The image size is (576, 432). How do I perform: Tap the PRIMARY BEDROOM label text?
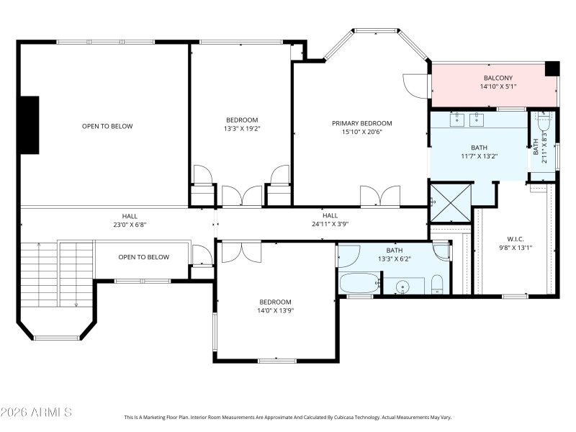pos(361,123)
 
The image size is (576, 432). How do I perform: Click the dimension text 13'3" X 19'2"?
pos(242,130)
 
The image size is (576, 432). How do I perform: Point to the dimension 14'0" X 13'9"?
pos(276,311)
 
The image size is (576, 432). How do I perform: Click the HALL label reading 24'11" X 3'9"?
pos(330,225)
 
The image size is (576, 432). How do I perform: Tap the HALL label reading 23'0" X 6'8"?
pos(130,225)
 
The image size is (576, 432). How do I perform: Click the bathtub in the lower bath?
pos(358,284)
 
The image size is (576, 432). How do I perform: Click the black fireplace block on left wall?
pos(29,125)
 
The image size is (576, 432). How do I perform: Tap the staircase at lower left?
pos(58,274)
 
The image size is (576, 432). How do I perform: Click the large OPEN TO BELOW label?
pos(107,126)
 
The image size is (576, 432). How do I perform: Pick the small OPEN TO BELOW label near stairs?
pos(143,257)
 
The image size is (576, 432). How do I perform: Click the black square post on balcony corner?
pos(552,68)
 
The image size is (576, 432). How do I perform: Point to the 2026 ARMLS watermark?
pos(36,413)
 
